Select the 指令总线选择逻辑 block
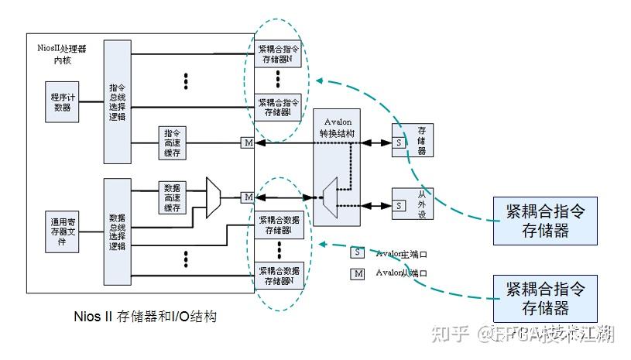pos(118,101)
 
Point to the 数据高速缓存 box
pos(173,197)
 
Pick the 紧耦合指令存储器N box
pos(279,56)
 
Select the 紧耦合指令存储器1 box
pos(279,107)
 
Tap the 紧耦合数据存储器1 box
pos(279,225)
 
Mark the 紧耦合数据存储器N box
pos(279,276)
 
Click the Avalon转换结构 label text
pos(338,128)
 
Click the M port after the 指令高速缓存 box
pos(248,142)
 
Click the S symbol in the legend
pos(357,252)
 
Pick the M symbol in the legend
pos(357,273)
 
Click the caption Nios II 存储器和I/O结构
pos(144,316)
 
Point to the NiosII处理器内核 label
pos(62,53)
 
